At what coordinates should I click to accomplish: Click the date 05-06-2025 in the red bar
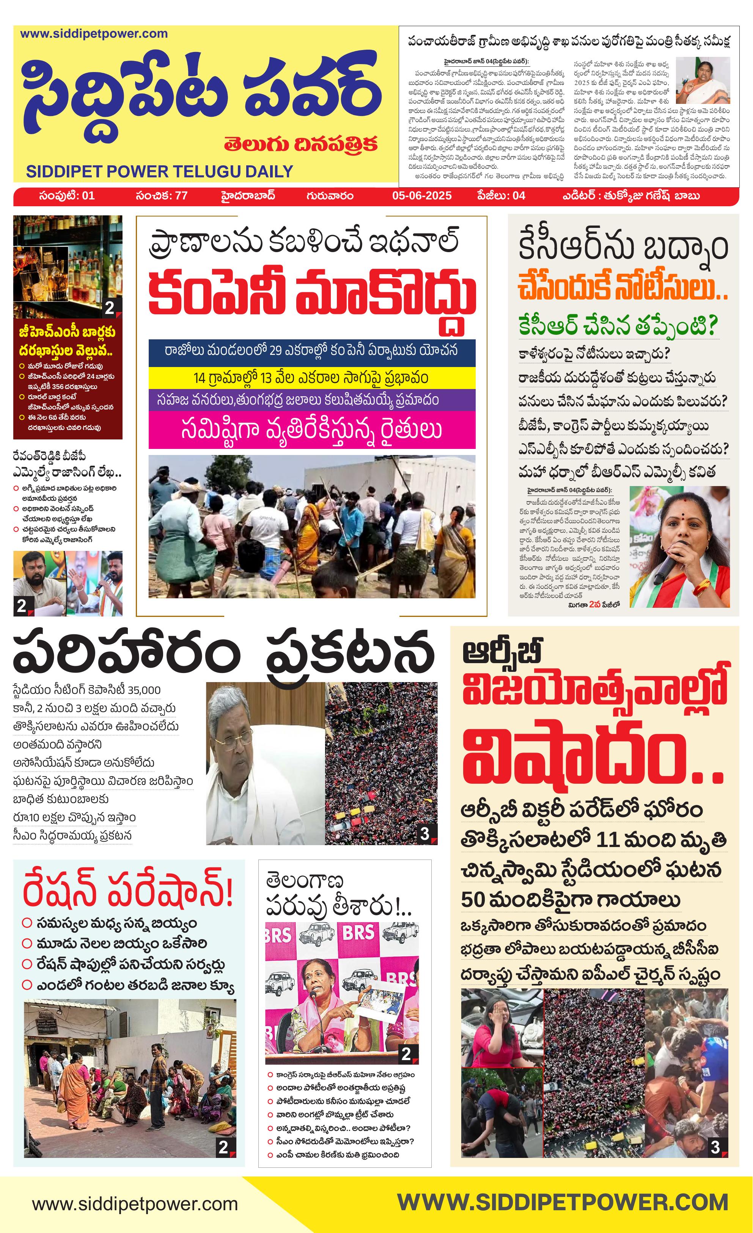(421, 195)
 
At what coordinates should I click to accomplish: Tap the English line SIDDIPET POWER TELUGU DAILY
(159, 172)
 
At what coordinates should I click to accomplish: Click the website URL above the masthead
(94, 34)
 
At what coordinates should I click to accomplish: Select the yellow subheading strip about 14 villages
(311, 377)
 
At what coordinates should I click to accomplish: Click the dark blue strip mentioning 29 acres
(311, 350)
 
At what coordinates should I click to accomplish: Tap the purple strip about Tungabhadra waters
(311, 400)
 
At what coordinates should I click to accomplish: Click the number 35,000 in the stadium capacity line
(144, 690)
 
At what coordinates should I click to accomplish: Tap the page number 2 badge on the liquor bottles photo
(110, 307)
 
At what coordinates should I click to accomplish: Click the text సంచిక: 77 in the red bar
(161, 195)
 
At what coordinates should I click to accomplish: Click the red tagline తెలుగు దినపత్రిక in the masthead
(300, 144)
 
